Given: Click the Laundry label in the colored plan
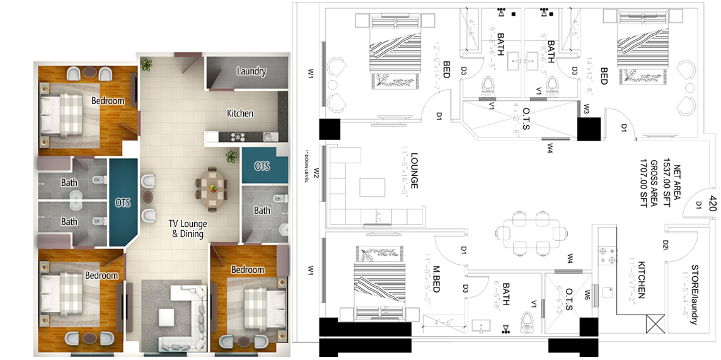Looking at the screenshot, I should click(x=251, y=71).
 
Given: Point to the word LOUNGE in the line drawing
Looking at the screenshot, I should click(x=414, y=171).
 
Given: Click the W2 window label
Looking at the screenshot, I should click(x=316, y=172).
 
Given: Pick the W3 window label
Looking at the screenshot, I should click(x=586, y=109).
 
